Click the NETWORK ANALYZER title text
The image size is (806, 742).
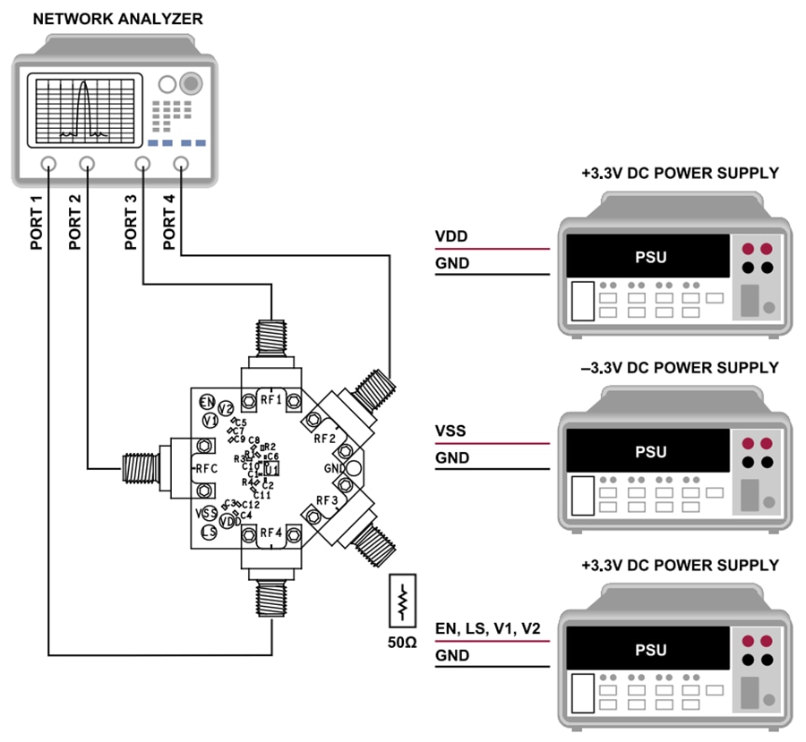point(117,18)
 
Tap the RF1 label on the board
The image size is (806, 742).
point(270,399)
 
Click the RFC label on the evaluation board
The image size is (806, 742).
point(207,468)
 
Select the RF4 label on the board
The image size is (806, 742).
point(270,534)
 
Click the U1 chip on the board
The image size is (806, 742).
point(272,468)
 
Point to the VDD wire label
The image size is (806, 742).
point(451,237)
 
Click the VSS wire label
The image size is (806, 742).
point(450,431)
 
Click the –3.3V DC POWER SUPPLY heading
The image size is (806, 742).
point(680,368)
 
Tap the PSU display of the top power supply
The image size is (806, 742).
point(650,258)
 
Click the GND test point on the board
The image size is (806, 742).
point(355,468)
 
